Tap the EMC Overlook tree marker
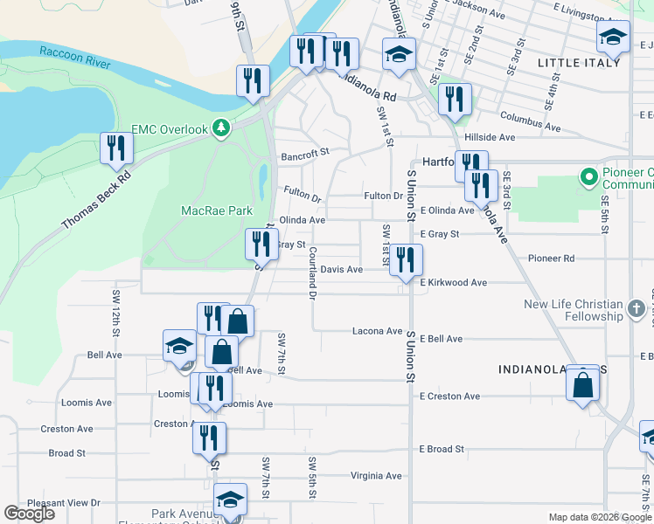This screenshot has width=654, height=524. (x=221, y=129)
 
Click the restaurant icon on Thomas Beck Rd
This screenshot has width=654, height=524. (x=115, y=149)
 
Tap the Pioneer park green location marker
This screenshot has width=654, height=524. (x=588, y=178)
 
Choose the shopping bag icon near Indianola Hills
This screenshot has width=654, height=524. (x=583, y=384)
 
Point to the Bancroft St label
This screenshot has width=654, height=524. (x=304, y=153)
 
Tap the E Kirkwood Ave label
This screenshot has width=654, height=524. (x=453, y=283)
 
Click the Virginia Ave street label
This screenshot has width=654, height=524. (x=375, y=476)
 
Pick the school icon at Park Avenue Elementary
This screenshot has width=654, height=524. (x=231, y=501)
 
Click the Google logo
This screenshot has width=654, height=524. (x=29, y=514)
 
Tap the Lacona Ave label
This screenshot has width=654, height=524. (x=377, y=331)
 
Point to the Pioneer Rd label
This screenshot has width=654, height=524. (x=551, y=259)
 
